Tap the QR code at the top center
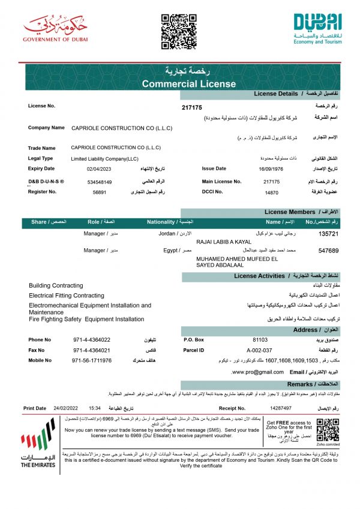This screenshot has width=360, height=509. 179,31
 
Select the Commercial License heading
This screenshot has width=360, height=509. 179,84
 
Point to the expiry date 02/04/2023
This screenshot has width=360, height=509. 99,169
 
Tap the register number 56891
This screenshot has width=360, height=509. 100,192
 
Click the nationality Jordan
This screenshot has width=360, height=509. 167,233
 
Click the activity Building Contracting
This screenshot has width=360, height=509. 56,285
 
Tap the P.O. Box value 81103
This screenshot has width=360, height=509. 260,339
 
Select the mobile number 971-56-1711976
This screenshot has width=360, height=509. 92,360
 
